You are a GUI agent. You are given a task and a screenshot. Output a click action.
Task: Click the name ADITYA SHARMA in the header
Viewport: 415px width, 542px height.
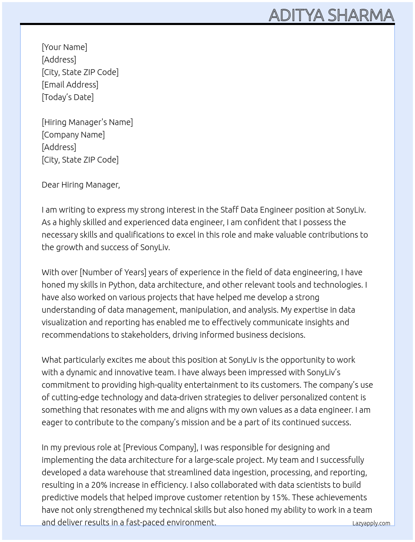[331, 15]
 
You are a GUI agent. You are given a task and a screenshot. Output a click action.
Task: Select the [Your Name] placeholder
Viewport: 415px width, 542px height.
[65, 47]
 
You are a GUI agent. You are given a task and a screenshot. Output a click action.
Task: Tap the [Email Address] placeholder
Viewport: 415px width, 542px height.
[70, 85]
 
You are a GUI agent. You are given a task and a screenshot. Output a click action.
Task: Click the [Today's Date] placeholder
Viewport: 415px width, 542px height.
[67, 97]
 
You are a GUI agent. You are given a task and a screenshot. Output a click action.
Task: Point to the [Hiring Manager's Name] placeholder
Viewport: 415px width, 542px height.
[87, 122]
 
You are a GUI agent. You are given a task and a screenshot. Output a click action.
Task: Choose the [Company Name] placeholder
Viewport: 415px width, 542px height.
[73, 135]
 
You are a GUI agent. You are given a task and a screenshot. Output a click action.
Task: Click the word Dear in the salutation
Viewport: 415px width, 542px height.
[50, 185]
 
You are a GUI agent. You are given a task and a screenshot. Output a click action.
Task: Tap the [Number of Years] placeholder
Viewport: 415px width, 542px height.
[113, 272]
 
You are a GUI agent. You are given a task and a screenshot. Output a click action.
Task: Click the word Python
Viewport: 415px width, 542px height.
[122, 285]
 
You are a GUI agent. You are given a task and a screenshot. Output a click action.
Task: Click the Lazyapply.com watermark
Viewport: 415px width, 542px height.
[371, 523]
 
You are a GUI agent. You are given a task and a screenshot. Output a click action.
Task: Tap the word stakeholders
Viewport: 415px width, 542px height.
[145, 335]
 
